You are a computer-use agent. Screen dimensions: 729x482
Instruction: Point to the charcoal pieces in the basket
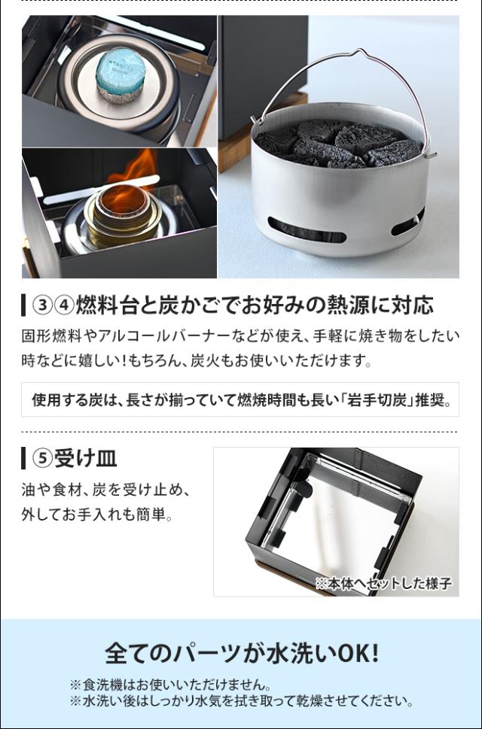(x=339, y=143)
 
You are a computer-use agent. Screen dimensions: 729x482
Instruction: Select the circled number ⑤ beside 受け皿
(x=41, y=457)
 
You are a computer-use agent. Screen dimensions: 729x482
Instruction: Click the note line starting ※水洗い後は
(x=241, y=701)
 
